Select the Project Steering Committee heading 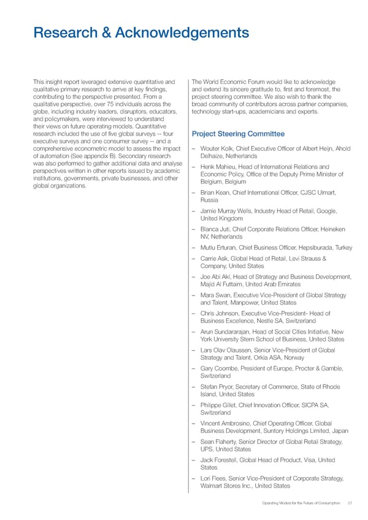(238, 134)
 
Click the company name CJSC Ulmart (319, 194)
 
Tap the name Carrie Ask (213, 259)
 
